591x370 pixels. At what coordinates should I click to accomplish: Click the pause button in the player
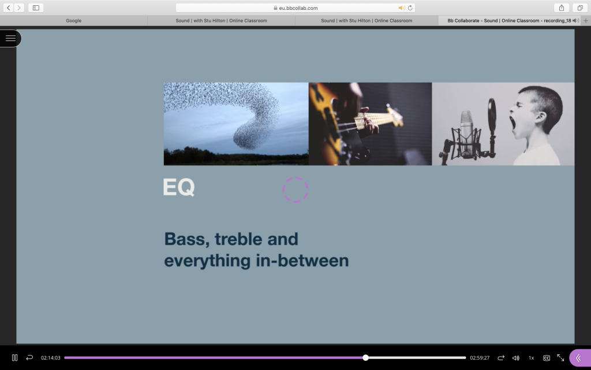coord(14,357)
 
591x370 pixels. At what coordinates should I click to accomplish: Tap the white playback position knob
coord(365,357)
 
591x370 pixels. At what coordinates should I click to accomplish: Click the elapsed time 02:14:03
coord(51,358)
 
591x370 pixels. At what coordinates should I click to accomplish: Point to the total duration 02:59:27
coord(480,358)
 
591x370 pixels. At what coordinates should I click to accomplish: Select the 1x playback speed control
coord(531,358)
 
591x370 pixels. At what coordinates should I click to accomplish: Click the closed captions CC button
coord(546,358)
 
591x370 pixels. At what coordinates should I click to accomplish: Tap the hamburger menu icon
coord(10,38)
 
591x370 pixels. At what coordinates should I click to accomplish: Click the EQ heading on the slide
coord(179,187)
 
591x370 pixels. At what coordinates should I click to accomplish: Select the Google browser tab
coord(73,20)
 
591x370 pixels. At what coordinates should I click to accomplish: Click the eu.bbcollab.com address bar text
coord(298,8)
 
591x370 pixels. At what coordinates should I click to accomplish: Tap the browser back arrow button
coord(8,8)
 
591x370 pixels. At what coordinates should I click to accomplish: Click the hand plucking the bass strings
coord(368,120)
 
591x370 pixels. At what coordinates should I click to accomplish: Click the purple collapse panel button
coord(579,358)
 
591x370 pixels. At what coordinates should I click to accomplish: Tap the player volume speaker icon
coord(515,358)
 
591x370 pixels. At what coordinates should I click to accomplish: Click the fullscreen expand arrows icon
coord(560,357)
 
